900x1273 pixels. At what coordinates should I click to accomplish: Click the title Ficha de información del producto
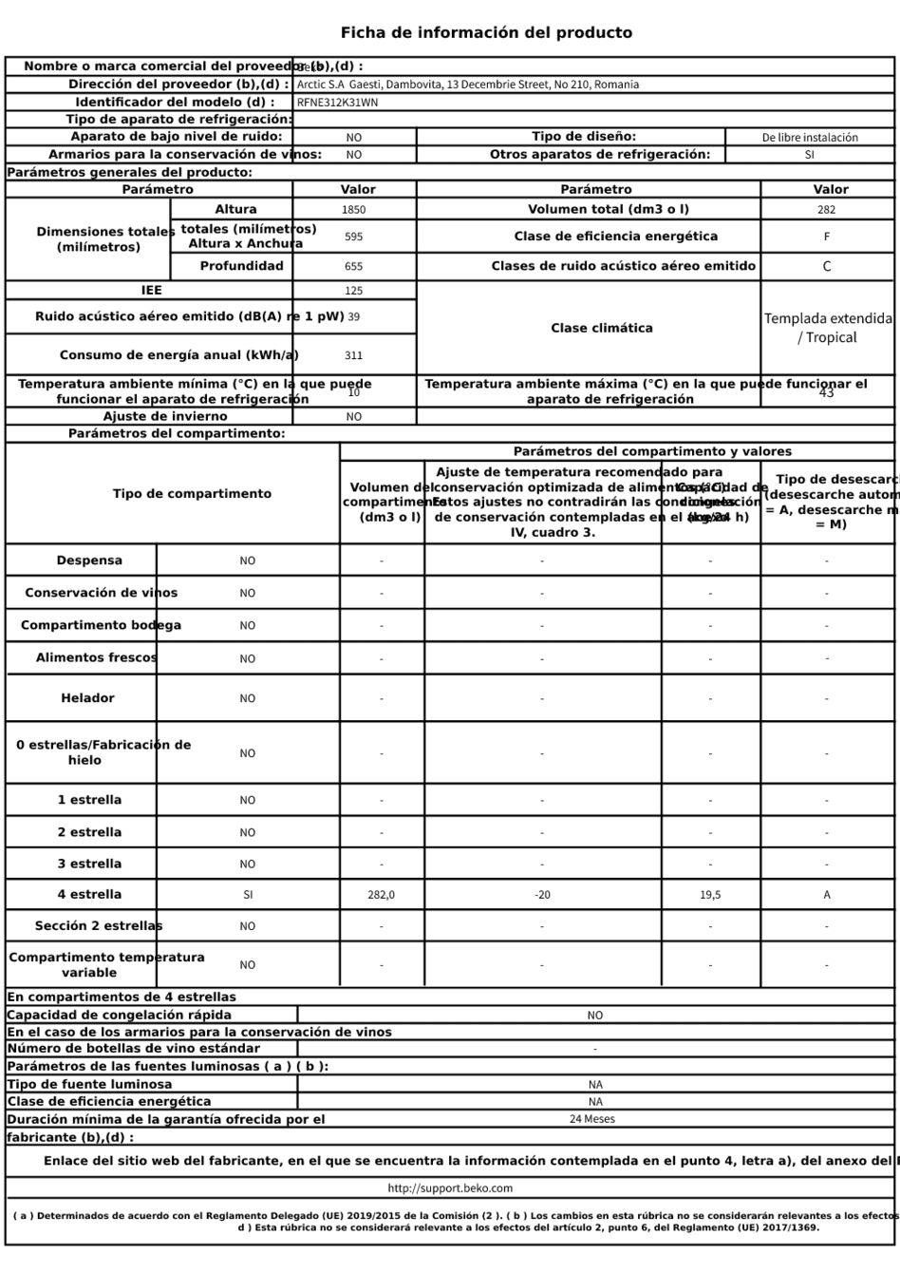click(x=486, y=33)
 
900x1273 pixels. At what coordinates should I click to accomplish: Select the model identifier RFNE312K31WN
click(x=337, y=103)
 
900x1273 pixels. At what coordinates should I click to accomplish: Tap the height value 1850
click(x=353, y=210)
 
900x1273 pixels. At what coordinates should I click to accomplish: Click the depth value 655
click(x=353, y=267)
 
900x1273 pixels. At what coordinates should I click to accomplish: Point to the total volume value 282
click(x=826, y=210)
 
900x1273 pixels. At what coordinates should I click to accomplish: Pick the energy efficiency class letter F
click(x=826, y=237)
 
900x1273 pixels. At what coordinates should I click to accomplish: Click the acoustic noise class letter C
click(x=826, y=267)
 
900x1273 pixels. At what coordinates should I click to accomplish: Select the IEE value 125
click(x=353, y=292)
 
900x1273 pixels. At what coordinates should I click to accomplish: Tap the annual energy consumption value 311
click(x=353, y=355)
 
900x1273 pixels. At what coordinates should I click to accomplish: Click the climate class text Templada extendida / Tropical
click(x=828, y=328)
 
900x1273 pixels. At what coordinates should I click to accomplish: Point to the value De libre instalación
click(x=810, y=138)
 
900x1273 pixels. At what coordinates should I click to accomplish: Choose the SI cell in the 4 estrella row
click(x=247, y=895)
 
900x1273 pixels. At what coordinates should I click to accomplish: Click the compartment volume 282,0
click(x=382, y=895)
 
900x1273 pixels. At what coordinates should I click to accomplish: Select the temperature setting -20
click(x=542, y=895)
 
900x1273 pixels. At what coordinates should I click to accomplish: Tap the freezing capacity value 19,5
click(x=710, y=895)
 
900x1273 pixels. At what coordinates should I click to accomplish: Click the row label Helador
click(x=87, y=698)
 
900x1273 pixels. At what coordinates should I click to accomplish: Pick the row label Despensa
click(x=89, y=560)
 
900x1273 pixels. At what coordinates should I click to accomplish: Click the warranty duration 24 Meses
click(x=592, y=1119)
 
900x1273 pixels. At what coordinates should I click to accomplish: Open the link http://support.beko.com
click(x=450, y=1188)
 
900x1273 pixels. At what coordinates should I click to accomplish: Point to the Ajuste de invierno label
click(x=165, y=416)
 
